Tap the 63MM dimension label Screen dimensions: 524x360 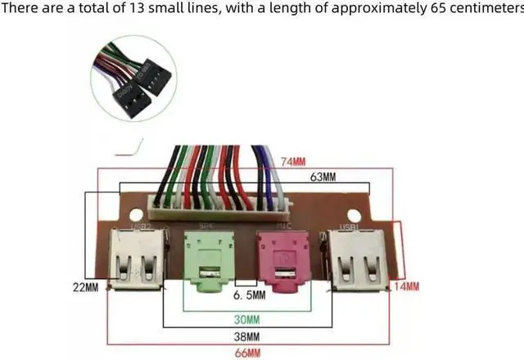pos(320,178)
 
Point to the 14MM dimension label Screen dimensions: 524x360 pos(406,286)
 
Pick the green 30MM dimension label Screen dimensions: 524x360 pos(247,318)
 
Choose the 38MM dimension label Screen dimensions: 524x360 pos(247,335)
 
